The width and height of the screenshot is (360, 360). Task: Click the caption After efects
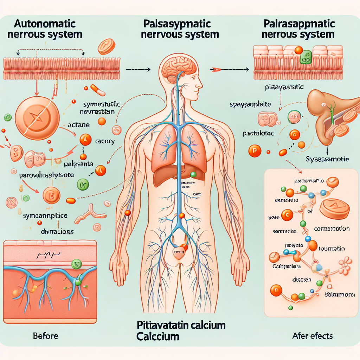coord(312,336)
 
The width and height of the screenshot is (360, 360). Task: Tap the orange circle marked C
coord(287,216)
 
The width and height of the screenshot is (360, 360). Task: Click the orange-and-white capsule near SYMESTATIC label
coord(98,90)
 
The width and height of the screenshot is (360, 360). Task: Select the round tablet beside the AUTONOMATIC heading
coord(107,47)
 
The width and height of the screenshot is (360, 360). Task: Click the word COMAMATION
coord(332,229)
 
